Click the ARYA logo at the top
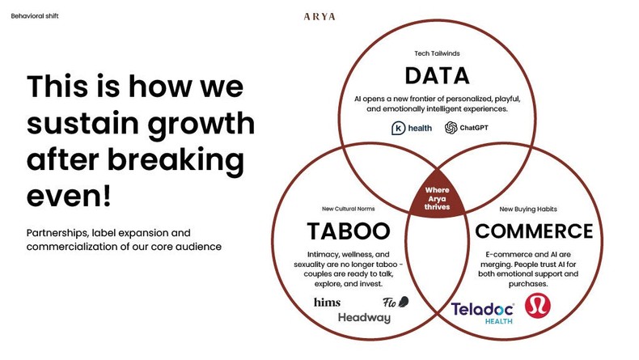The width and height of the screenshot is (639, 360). [319, 16]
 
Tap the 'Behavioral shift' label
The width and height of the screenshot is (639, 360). [35, 16]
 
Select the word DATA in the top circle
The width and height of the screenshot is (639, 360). [437, 76]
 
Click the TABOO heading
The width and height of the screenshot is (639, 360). [348, 231]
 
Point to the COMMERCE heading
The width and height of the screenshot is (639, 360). [534, 231]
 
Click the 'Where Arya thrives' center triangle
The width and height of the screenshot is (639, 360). [438, 197]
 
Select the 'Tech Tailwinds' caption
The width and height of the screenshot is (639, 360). [437, 54]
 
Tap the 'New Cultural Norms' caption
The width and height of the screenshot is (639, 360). [349, 210]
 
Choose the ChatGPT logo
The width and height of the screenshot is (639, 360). [466, 128]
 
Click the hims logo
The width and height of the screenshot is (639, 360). [327, 303]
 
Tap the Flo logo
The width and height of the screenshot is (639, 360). [395, 303]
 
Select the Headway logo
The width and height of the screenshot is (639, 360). [364, 318]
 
